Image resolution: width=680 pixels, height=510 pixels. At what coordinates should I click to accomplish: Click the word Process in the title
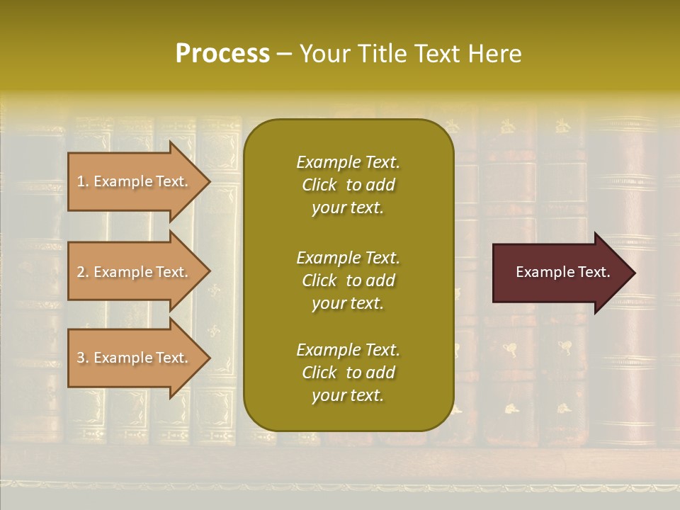(222, 54)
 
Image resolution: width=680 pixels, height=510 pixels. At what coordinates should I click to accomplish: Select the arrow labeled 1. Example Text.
(135, 181)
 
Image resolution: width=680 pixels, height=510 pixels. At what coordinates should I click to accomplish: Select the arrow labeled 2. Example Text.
(135, 272)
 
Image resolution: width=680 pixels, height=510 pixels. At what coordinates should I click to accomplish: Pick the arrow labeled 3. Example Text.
(135, 358)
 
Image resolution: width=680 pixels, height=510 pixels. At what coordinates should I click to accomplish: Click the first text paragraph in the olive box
(348, 185)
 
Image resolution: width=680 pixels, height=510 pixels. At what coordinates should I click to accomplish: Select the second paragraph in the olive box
(348, 280)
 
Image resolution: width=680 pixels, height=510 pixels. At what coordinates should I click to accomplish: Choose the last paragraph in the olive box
(348, 373)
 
